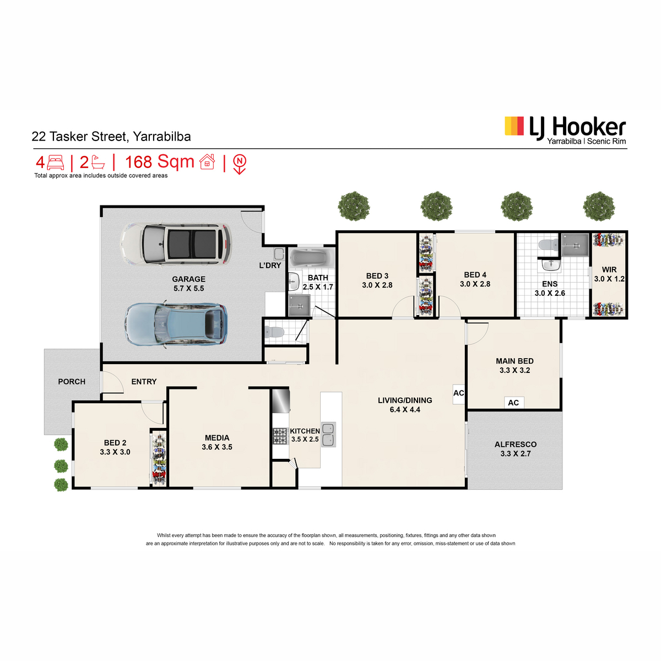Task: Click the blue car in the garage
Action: tap(176, 324)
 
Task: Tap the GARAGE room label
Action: tap(189, 279)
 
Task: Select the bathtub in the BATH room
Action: tap(311, 257)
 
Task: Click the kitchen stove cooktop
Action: tap(280, 436)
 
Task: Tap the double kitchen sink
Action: tap(328, 435)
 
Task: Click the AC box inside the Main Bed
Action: tap(513, 403)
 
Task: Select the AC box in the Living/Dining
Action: tap(459, 393)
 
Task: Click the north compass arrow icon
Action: tap(240, 164)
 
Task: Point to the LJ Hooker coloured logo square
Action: tap(514, 126)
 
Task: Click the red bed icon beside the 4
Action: tap(55, 162)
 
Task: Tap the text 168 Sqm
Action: tap(160, 162)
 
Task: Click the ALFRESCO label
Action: tap(516, 445)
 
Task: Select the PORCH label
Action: tap(72, 381)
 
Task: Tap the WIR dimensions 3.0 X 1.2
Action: tap(609, 279)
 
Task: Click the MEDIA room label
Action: tap(217, 438)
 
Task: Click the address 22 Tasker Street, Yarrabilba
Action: tap(111, 137)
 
